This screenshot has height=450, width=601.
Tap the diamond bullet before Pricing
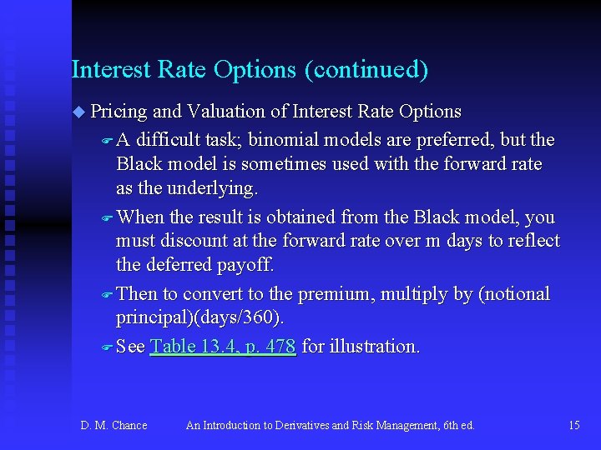coord(78,112)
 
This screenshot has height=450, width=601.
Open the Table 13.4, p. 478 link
coord(223,347)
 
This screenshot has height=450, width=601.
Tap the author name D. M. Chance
coord(114,426)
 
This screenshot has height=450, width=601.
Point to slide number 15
coord(573,426)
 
